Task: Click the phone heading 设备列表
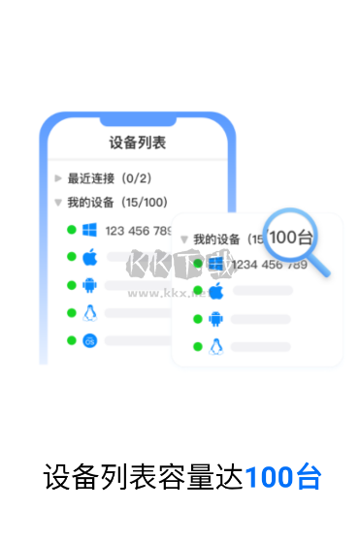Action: pyautogui.click(x=137, y=143)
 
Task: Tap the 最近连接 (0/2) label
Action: pyautogui.click(x=109, y=178)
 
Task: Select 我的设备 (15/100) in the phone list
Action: pyautogui.click(x=116, y=203)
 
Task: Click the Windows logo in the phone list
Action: pyautogui.click(x=90, y=230)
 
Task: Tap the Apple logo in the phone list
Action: pyautogui.click(x=90, y=257)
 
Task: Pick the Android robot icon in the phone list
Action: pyautogui.click(x=90, y=285)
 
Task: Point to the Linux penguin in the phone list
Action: pyautogui.click(x=90, y=312)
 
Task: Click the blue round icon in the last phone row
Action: pyautogui.click(x=90, y=340)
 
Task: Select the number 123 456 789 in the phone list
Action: pyautogui.click(x=139, y=231)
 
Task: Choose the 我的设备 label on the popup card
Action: pyautogui.click(x=219, y=239)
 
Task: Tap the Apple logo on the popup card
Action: pyautogui.click(x=216, y=291)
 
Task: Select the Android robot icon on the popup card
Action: pyautogui.click(x=216, y=319)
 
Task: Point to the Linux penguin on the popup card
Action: pyautogui.click(x=216, y=346)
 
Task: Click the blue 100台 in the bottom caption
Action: pyautogui.click(x=282, y=478)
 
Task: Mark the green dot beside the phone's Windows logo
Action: pyautogui.click(x=71, y=230)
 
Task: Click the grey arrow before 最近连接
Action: pyautogui.click(x=58, y=178)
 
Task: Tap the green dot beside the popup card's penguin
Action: pyautogui.click(x=197, y=346)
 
